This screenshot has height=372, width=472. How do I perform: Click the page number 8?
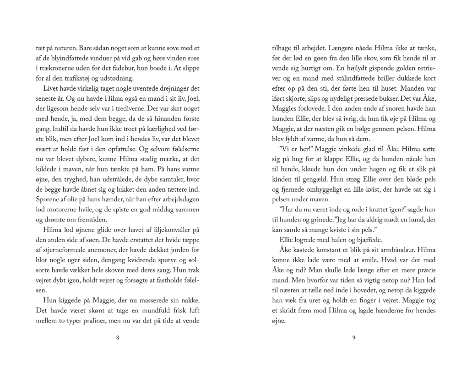click(118, 338)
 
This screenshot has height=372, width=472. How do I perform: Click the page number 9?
click(354, 338)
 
